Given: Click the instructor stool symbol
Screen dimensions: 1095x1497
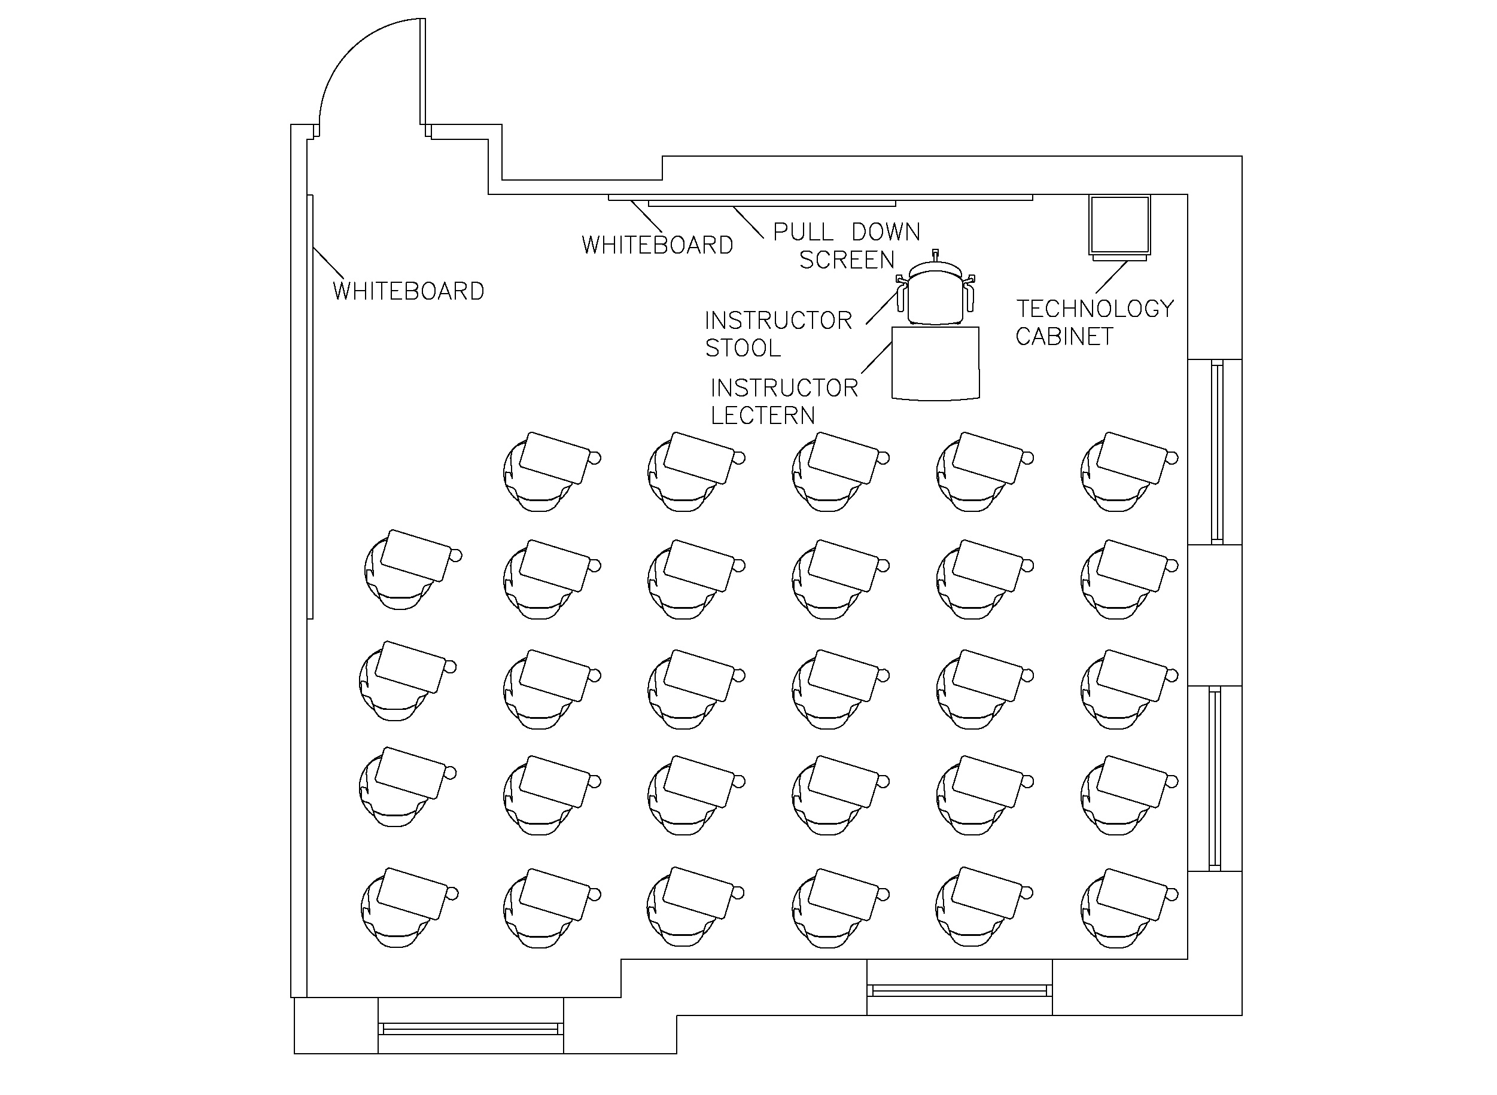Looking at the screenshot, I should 935,292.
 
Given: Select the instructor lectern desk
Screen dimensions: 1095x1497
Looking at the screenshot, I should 935,363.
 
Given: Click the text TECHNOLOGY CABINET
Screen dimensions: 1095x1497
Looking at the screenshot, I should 1094,322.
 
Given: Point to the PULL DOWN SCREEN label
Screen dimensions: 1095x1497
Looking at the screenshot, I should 847,245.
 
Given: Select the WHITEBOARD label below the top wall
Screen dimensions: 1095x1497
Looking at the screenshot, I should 657,245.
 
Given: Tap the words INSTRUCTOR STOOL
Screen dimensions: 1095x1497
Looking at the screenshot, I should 778,334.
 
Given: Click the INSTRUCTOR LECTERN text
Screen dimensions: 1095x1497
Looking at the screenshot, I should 784,401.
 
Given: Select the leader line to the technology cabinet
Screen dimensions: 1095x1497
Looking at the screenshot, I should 1111,277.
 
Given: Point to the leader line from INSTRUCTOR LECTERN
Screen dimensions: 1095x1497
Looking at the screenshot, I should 876,358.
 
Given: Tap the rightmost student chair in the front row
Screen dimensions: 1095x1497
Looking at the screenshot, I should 1123,471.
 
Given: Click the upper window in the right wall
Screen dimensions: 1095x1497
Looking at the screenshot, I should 1216,452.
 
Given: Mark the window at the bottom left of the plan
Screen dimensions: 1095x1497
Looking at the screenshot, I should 470,1029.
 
